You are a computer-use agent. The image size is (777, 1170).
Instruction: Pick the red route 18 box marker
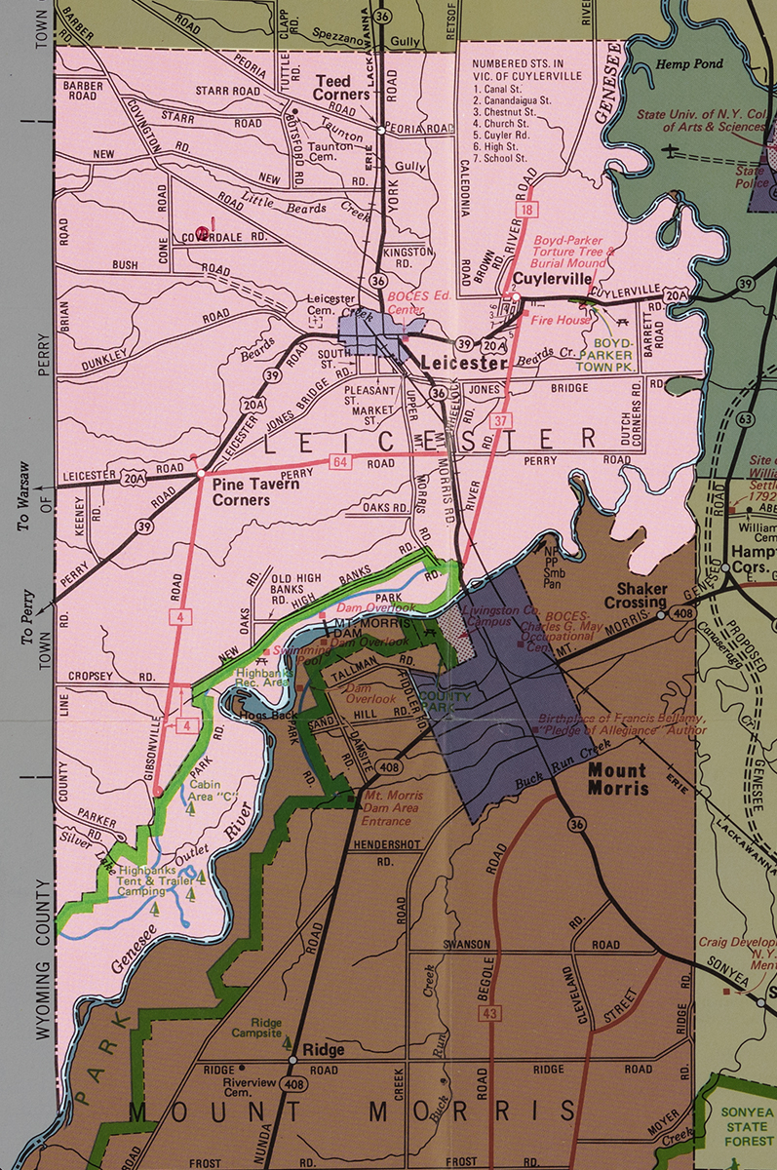pyautogui.click(x=526, y=211)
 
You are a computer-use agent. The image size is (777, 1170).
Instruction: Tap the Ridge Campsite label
pyautogui.click(x=260, y=1026)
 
